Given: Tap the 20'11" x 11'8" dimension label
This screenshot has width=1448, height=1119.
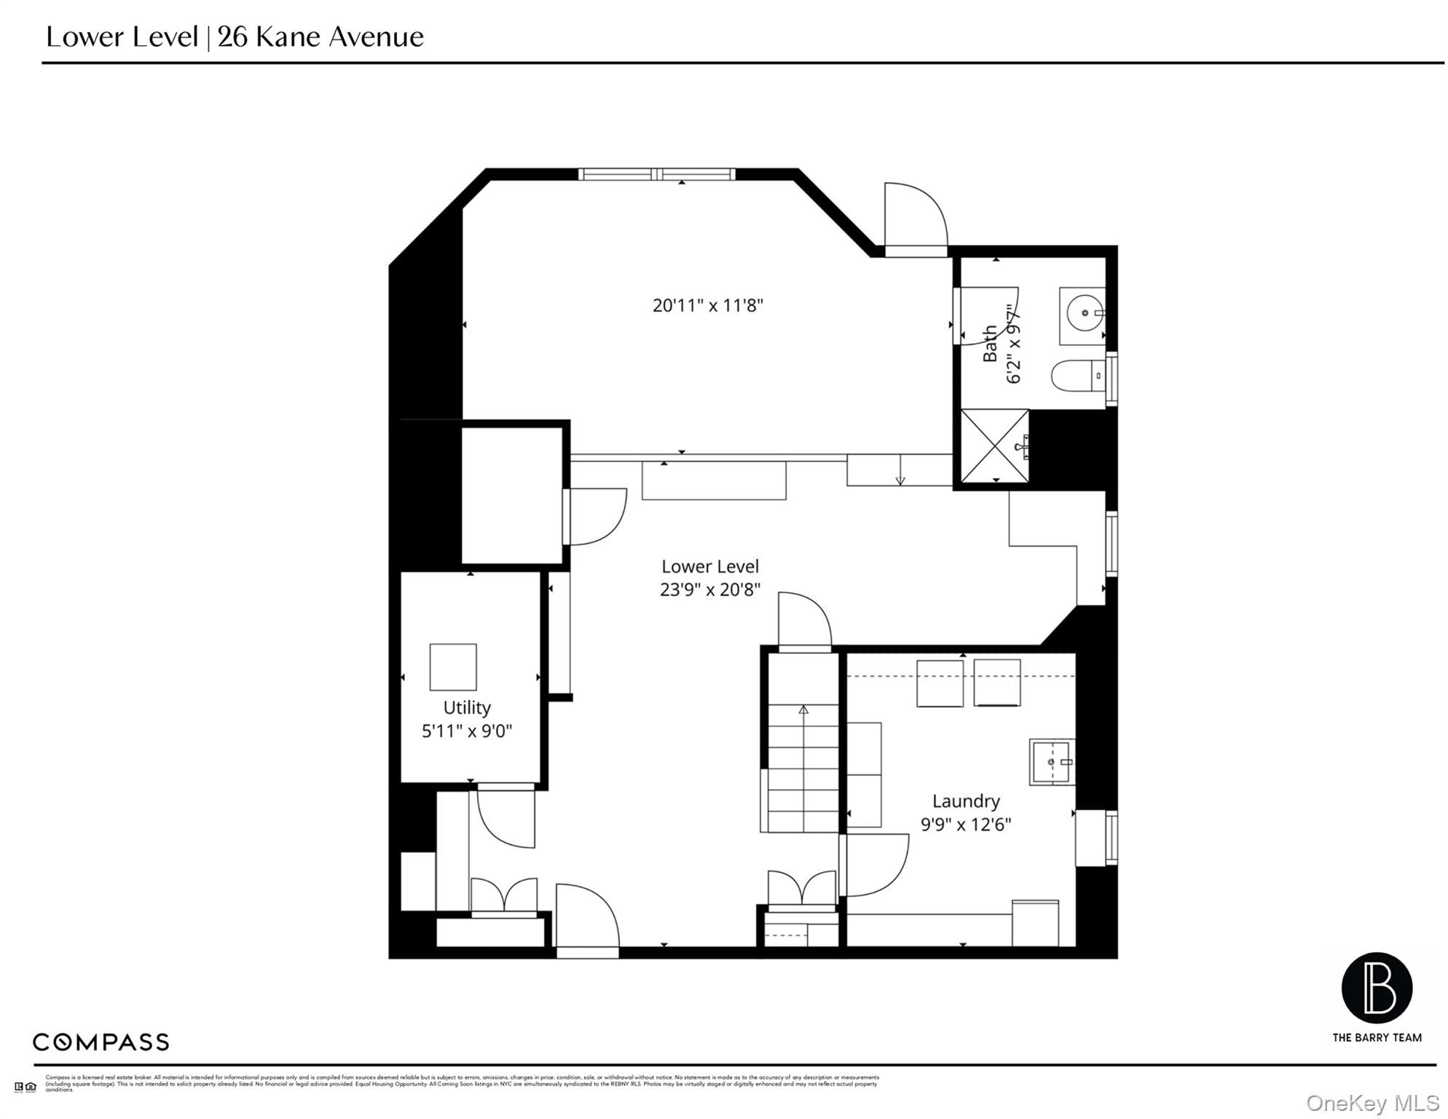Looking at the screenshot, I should point(707,305).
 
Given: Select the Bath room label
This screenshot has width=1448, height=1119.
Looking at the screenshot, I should point(989,344).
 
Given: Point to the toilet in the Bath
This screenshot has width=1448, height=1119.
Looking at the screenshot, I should point(1077,376).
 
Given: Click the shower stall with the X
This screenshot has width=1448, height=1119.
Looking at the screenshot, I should point(993,446).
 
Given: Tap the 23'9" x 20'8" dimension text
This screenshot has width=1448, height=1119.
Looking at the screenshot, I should point(709,589).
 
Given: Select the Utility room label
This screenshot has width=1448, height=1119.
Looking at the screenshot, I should point(467,707).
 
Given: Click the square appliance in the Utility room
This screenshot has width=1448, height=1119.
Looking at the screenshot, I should point(452,667).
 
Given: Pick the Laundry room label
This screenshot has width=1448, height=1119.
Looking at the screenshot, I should point(965,801).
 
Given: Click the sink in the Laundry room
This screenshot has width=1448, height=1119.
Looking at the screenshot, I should point(1051,762).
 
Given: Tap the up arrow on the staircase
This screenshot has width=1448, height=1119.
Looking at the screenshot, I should point(803,710).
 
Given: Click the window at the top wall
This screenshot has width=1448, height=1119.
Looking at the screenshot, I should point(656,174).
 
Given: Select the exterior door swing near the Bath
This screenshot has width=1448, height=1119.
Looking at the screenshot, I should point(916,216).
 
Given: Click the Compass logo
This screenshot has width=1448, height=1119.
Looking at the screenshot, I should point(101,1042).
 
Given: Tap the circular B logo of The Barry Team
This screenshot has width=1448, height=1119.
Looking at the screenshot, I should point(1376,989).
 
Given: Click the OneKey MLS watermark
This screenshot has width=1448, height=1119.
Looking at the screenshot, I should point(1372,1103).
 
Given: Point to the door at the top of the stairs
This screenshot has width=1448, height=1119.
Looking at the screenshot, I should point(804,621).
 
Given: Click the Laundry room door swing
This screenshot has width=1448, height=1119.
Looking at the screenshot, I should point(875,865).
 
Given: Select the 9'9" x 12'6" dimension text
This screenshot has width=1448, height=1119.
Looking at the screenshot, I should point(965,825).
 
